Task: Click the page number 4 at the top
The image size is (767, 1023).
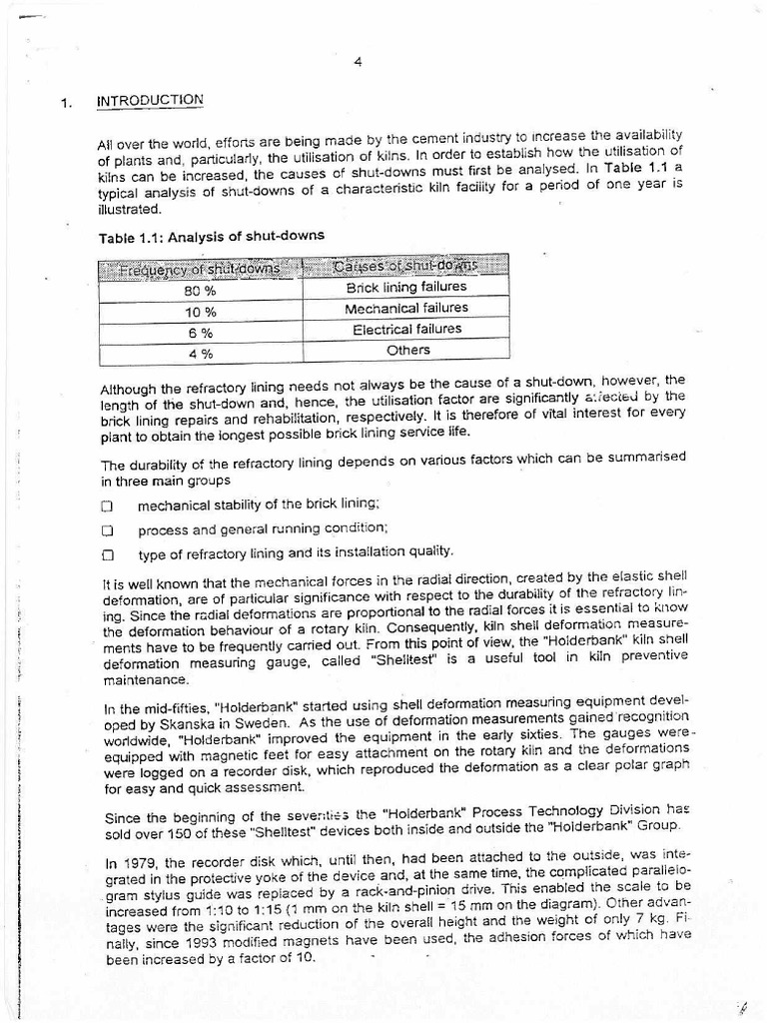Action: point(358,62)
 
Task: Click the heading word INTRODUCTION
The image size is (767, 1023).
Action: point(150,100)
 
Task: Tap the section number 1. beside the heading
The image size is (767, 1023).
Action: point(67,103)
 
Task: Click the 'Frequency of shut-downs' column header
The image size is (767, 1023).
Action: point(200,267)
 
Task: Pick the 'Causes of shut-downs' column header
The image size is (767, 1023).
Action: point(405,265)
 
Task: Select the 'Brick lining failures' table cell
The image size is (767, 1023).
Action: point(405,287)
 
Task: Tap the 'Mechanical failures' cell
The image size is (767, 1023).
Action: point(405,308)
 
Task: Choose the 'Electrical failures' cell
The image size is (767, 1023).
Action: point(405,329)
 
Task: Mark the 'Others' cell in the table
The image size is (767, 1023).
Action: point(407,350)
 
